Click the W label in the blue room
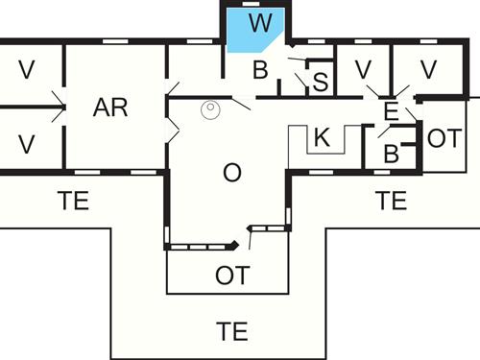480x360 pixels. coord(256,23)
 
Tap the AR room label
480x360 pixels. coord(111,108)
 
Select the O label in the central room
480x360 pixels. coord(231,173)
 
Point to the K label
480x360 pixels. coord(322,137)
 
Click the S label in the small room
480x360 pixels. coord(321,83)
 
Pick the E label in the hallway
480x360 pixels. coord(390,110)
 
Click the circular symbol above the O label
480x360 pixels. coord(210,110)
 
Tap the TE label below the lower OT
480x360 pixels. coord(232,333)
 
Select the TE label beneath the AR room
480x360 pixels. coord(73,201)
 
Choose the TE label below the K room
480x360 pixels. coord(391,201)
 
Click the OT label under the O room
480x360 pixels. coord(231,276)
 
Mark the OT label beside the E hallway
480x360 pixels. coord(444,137)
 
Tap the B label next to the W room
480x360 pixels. coord(260,69)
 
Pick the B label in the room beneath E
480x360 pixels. coord(391,154)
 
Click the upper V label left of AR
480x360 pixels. coord(27,69)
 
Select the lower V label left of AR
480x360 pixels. coord(27,144)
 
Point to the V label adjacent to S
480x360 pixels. coord(364,69)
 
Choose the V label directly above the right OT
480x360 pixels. coord(428,69)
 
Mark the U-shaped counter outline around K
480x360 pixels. coord(296,144)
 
